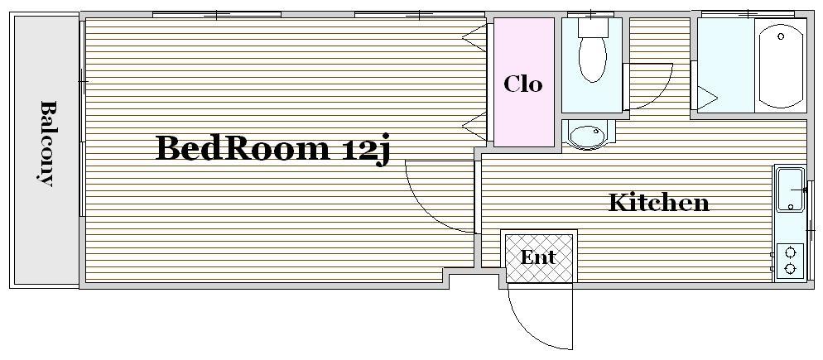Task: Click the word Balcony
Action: click(47, 143)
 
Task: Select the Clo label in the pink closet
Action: click(522, 84)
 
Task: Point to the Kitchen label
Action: click(659, 202)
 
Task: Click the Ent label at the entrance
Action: click(538, 257)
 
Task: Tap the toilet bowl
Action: click(593, 59)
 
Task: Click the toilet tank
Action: click(593, 27)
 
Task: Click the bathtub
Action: click(781, 65)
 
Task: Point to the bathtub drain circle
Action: click(781, 36)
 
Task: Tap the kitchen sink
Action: click(791, 190)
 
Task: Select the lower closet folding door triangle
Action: click(474, 126)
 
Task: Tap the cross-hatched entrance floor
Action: click(538, 258)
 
